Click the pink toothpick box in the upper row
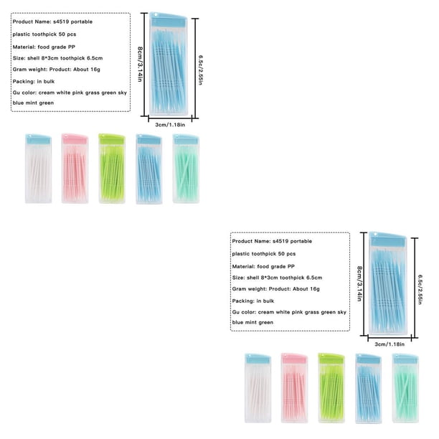(75, 169)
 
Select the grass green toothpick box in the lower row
(331, 388)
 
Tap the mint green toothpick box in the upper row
(186, 169)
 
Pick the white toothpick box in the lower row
(258, 388)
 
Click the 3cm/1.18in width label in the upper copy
(170, 125)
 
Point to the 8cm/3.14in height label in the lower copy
(359, 283)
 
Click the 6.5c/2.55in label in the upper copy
(200, 70)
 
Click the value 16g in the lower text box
(315, 289)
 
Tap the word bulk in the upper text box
(49, 82)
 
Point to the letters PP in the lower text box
(291, 267)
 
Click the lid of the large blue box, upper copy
(169, 20)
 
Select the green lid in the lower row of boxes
(331, 359)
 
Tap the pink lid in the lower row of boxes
(295, 359)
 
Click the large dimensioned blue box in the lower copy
(388, 283)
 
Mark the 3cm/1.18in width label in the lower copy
(390, 344)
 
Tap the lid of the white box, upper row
(38, 139)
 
